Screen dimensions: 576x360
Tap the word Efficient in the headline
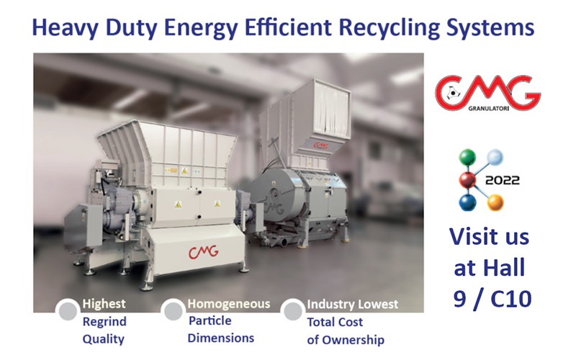point(289,27)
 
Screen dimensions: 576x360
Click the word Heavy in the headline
point(66,27)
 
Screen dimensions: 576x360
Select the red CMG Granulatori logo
point(488,94)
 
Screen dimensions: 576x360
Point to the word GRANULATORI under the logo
point(489,109)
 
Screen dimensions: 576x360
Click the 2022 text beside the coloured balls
point(502,181)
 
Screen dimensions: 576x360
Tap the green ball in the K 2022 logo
point(467,157)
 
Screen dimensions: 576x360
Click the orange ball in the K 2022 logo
point(495,203)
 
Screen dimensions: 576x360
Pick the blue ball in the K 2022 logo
point(467,202)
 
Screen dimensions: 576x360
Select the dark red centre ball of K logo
point(467,179)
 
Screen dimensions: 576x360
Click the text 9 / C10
point(492,299)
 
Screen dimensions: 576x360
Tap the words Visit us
point(490,236)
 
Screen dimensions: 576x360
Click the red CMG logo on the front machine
point(204,251)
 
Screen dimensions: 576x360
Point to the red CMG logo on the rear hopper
point(320,145)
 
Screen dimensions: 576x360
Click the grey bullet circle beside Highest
point(68,310)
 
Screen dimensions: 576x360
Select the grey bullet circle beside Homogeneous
point(173,310)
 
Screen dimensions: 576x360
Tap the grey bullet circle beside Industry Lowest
point(293,311)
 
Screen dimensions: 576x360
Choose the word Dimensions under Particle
point(221,338)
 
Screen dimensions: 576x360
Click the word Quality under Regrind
point(103,339)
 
